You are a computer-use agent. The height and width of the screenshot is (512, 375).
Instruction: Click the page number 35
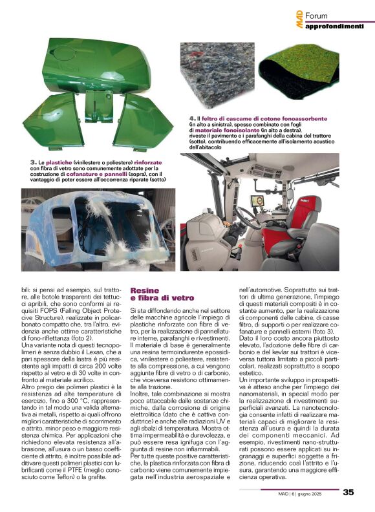pyautogui.click(x=348, y=492)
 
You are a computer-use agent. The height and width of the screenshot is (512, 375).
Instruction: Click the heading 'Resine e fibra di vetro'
pyautogui.click(x=162, y=295)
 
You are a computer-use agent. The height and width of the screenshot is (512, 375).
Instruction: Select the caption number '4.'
pyautogui.click(x=192, y=120)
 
